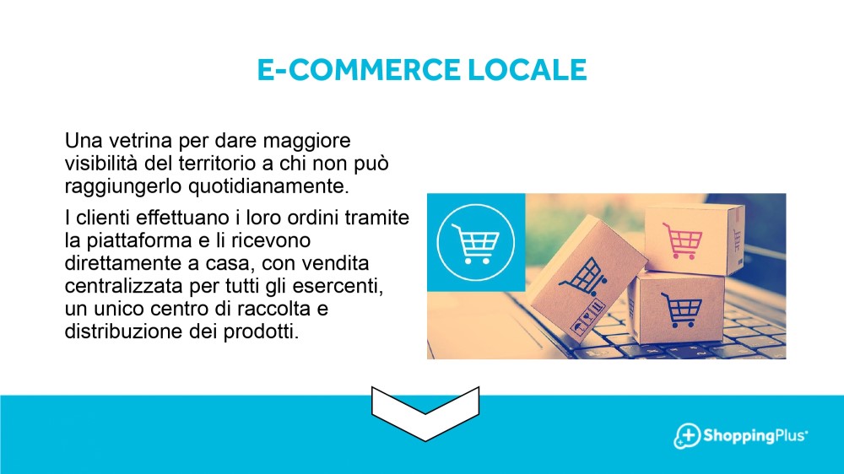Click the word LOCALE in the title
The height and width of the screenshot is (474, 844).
click(x=527, y=69)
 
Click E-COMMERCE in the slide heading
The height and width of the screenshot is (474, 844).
click(x=359, y=69)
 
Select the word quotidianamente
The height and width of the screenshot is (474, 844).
click(x=268, y=186)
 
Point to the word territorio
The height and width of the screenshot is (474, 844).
click(x=214, y=163)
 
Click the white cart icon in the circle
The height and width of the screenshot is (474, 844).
click(x=475, y=243)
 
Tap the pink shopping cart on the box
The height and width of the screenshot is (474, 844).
click(x=683, y=240)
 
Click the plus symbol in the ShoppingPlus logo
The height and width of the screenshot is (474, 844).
click(x=688, y=434)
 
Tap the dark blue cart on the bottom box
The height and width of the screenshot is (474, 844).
click(x=681, y=310)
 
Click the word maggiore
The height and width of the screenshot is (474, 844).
click(x=307, y=142)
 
